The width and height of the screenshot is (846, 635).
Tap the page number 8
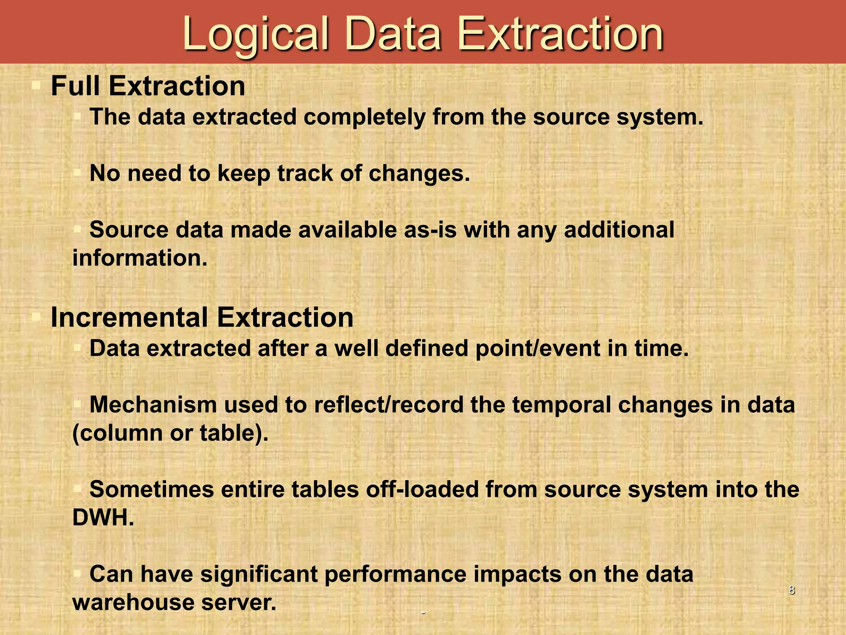pos(791,590)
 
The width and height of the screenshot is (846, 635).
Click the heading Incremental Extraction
pos(202,317)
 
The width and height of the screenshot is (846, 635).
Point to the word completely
pos(364,117)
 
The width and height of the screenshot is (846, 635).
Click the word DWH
pos(103,517)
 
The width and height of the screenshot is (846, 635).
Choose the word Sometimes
pos(152,489)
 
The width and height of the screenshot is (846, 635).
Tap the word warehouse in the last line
pos(133,602)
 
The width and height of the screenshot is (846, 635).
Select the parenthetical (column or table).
pos(170,433)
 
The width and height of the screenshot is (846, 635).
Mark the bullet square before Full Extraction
pos(36,86)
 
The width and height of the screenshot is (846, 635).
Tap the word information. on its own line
pos(140,258)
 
